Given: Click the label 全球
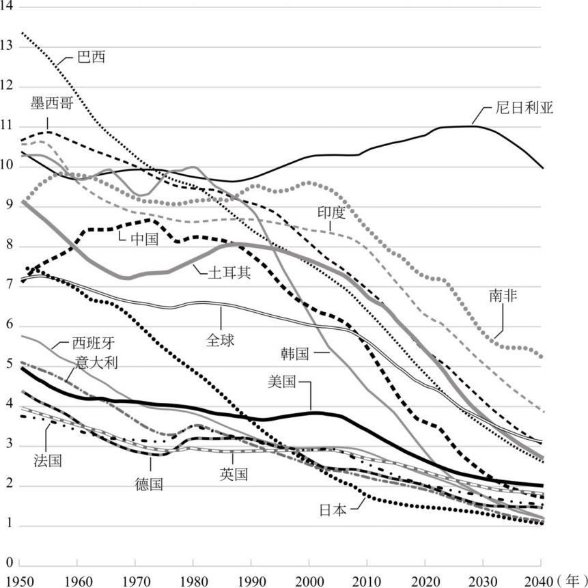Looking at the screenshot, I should tap(220, 339).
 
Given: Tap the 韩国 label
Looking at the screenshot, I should tap(295, 354).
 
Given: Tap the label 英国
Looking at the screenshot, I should tap(234, 473).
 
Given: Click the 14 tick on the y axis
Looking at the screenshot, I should tap(8, 8).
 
